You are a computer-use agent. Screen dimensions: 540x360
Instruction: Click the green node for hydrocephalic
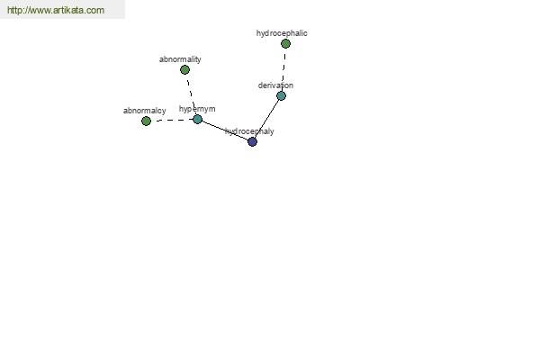click(x=285, y=44)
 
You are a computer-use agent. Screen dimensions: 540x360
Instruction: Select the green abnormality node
click(x=184, y=70)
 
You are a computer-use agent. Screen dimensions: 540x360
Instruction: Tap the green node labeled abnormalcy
click(x=146, y=121)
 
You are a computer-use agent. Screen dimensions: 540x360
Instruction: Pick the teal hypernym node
click(x=197, y=119)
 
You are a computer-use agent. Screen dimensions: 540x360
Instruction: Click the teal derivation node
click(x=281, y=95)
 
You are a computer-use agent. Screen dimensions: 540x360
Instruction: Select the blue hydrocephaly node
click(x=252, y=141)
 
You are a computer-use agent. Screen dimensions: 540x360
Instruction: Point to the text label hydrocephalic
click(x=282, y=33)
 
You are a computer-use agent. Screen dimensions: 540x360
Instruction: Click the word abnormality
click(x=180, y=59)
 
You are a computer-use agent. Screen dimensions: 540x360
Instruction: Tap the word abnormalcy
click(x=145, y=111)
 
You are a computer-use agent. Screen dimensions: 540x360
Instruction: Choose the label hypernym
click(x=197, y=109)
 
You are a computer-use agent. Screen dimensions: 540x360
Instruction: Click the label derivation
click(x=275, y=85)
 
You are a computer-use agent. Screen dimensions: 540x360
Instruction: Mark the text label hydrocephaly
click(x=249, y=131)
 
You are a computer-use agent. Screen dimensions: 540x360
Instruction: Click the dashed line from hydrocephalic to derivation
click(x=283, y=70)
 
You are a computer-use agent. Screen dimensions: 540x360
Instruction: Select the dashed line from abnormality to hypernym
click(x=191, y=94)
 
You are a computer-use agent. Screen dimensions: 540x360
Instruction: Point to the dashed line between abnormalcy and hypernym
click(x=172, y=121)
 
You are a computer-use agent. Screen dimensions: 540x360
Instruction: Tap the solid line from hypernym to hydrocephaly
click(x=225, y=130)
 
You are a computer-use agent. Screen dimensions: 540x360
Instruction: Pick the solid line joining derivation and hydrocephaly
click(x=267, y=119)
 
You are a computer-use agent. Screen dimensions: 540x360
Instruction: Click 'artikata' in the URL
click(x=69, y=10)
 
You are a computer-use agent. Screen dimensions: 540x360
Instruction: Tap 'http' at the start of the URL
click(x=13, y=10)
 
